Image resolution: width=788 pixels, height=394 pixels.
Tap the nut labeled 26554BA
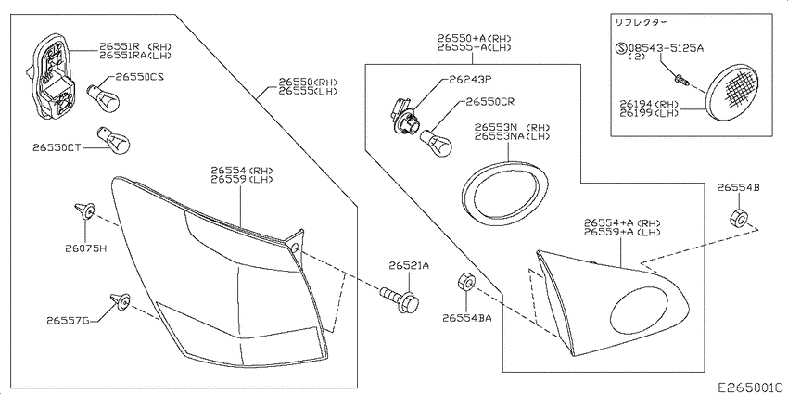pos(464,283)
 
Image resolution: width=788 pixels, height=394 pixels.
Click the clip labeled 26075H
pos(84,211)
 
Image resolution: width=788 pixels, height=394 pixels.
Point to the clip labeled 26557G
pos(121,301)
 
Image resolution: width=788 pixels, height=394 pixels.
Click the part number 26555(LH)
pos(308,92)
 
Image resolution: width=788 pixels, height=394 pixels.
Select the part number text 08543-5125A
pos(665,49)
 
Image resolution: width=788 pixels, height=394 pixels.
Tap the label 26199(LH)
pos(648,113)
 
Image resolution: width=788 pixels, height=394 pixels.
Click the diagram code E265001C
pos(750,387)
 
